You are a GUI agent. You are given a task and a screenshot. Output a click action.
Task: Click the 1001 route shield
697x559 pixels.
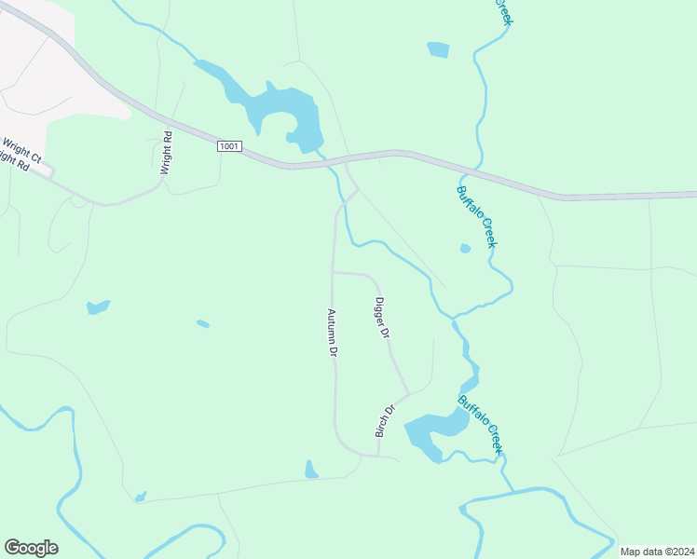(x=231, y=146)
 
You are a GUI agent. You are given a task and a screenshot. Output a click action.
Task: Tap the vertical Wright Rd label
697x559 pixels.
(x=166, y=152)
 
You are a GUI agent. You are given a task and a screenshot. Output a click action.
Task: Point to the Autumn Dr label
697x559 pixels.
(x=332, y=334)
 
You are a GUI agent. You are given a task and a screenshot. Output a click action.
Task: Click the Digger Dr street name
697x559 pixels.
(x=380, y=318)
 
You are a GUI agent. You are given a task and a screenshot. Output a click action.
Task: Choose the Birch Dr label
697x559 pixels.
(x=385, y=421)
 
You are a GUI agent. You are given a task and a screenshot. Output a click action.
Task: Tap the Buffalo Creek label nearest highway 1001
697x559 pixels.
(x=476, y=216)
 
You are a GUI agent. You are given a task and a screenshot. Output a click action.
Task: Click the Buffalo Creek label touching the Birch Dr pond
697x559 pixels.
(x=481, y=424)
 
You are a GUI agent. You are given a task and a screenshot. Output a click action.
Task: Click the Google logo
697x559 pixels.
(x=31, y=547)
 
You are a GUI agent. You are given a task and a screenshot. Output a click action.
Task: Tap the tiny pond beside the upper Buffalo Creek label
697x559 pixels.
(x=465, y=248)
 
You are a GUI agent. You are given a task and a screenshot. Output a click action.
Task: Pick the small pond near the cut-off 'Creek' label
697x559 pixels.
(x=438, y=49)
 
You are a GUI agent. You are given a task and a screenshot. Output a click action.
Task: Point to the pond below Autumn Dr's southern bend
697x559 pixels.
(x=311, y=470)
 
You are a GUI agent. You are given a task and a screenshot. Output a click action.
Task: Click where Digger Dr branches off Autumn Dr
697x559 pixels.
(x=334, y=273)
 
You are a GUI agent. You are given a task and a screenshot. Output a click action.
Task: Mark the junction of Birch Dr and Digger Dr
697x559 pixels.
(x=408, y=393)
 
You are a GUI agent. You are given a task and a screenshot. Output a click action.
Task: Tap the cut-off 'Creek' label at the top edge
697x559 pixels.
(x=503, y=11)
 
